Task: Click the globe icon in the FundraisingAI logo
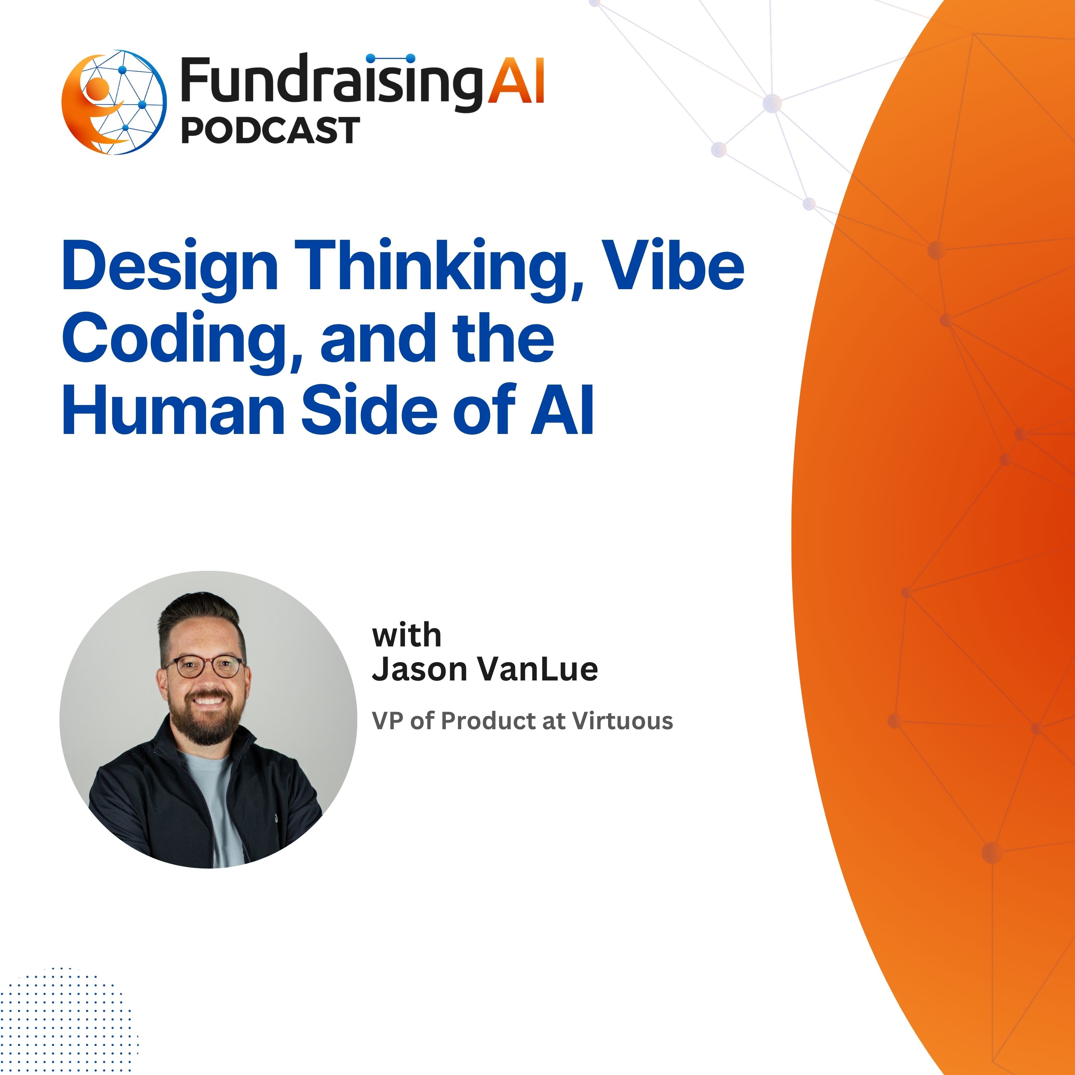(x=114, y=102)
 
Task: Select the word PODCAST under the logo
(x=271, y=131)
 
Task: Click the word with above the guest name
(x=407, y=635)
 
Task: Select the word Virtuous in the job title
(x=623, y=721)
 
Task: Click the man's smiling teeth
(x=207, y=699)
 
